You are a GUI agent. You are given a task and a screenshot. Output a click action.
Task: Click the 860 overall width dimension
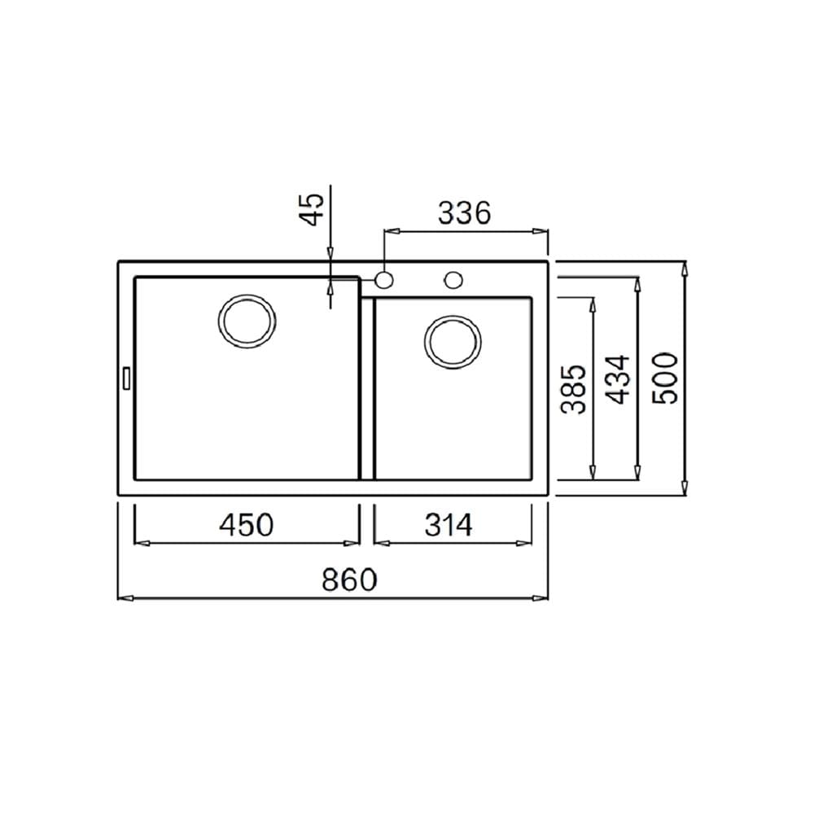(x=349, y=580)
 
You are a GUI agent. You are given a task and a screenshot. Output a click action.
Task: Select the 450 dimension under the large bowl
(x=246, y=524)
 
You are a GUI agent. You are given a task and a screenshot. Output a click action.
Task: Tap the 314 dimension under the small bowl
(x=449, y=525)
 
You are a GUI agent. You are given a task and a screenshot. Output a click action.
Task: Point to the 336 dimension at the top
(x=464, y=212)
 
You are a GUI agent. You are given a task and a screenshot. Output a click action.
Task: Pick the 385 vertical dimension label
(x=574, y=389)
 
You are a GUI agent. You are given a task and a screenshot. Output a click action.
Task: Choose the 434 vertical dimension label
(x=619, y=379)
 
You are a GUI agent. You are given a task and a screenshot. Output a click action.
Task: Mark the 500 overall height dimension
(x=665, y=378)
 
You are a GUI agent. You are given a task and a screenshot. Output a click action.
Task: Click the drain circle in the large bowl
(x=247, y=321)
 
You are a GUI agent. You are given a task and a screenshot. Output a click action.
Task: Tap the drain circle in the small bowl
(x=453, y=342)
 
